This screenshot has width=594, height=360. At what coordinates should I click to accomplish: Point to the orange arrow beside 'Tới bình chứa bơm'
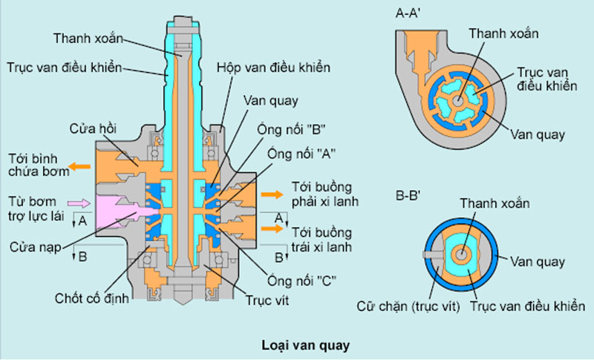click(x=73, y=166)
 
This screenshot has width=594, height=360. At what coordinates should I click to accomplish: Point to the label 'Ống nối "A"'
click(x=306, y=155)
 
